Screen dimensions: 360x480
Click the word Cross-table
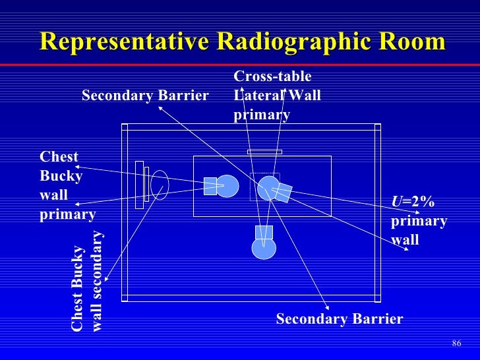click(272, 78)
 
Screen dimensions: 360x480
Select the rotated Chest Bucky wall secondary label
click(87, 281)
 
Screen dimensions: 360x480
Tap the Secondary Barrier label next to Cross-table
click(145, 96)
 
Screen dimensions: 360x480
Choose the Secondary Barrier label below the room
click(339, 320)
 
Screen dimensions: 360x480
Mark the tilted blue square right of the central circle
click(282, 192)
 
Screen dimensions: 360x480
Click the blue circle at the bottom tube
click(264, 248)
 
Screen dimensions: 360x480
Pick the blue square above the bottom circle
click(264, 231)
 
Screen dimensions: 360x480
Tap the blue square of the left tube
click(210, 186)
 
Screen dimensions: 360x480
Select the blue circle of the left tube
click(227, 186)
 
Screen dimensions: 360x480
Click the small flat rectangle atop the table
click(264, 152)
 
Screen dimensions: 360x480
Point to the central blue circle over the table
click(268, 187)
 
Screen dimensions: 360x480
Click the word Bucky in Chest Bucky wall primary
click(61, 176)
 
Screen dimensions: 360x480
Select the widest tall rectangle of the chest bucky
click(139, 185)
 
